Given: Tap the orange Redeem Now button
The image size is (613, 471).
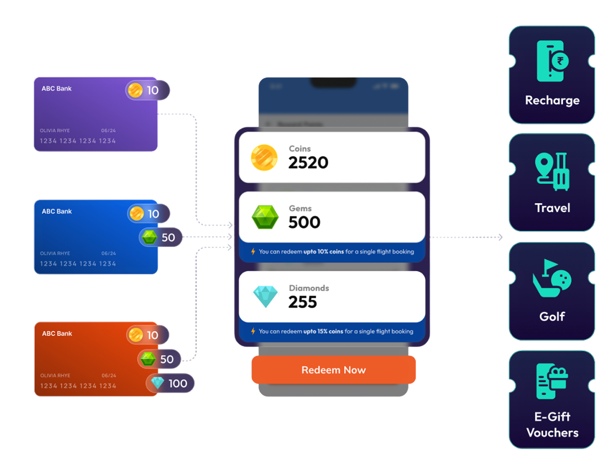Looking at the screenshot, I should click(334, 370).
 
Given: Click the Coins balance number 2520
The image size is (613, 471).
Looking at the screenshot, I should click(308, 163).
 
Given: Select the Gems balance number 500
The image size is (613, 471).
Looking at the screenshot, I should click(304, 223).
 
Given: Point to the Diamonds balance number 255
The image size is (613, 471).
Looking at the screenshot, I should click(303, 302).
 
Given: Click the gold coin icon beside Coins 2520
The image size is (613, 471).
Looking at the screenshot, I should click(264, 158).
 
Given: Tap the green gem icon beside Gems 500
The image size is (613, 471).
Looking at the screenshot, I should click(265, 217).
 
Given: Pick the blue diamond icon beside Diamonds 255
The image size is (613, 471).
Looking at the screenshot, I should click(265, 296).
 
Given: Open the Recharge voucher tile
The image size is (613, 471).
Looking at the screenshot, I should click(552, 75).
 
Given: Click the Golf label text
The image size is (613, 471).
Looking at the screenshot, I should click(552, 316).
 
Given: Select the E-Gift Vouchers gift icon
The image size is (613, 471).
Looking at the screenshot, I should click(552, 381).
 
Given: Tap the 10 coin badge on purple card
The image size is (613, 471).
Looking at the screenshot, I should click(147, 90).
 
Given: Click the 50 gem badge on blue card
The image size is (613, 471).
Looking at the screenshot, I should click(160, 237).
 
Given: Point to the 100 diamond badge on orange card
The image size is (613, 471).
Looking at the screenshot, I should click(170, 383).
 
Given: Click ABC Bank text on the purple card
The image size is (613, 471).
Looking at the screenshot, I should click(57, 89).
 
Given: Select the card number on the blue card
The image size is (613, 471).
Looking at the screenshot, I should click(78, 264).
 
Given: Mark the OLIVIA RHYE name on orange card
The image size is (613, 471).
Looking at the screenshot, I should click(55, 375).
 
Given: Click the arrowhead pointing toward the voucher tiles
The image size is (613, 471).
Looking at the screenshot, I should click(501, 237).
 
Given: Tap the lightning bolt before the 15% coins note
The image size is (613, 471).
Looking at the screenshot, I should click(253, 331).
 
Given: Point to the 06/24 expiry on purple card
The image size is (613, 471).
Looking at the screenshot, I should click(109, 131).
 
